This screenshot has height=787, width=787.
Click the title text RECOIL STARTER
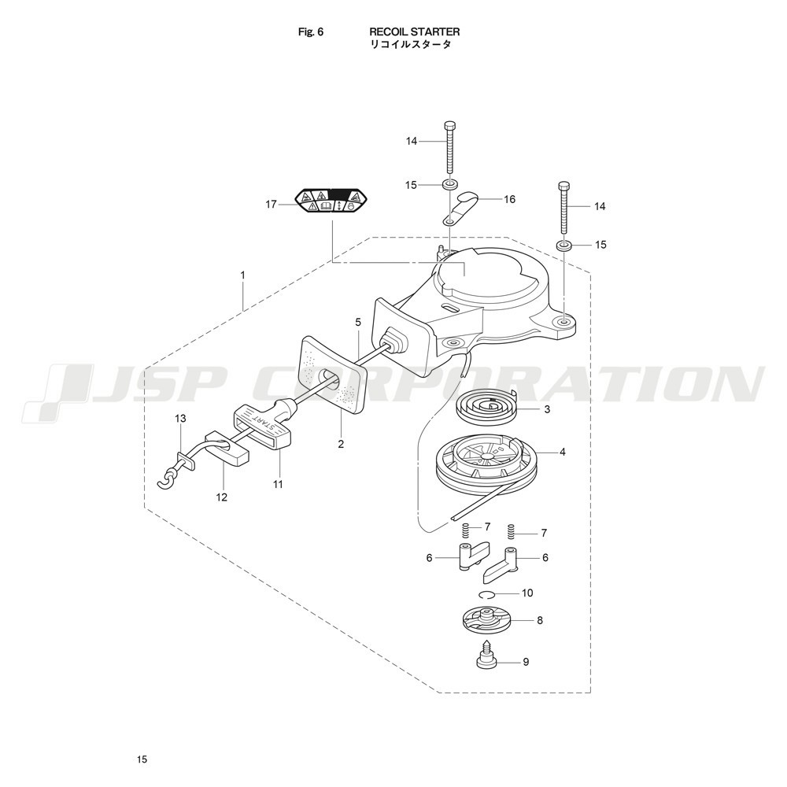tap(415, 32)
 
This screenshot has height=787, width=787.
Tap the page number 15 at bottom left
tap(142, 759)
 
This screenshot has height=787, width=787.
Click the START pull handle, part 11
tap(263, 426)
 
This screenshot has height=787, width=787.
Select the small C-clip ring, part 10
tap(487, 593)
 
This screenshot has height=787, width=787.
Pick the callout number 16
tap(510, 199)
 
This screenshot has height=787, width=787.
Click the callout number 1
tap(243, 275)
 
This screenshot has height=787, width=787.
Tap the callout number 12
tap(222, 497)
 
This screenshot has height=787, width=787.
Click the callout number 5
tap(358, 322)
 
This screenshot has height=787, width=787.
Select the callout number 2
tap(342, 444)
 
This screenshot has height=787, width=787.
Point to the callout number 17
tap(272, 205)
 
